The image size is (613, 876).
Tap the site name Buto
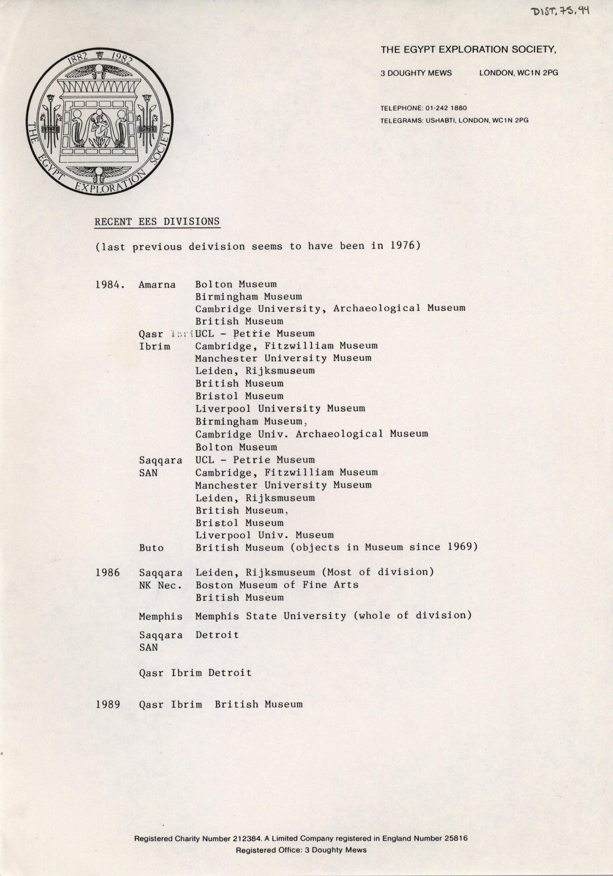(x=151, y=548)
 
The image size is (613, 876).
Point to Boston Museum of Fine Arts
(x=277, y=585)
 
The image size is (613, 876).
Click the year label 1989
(x=108, y=704)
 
